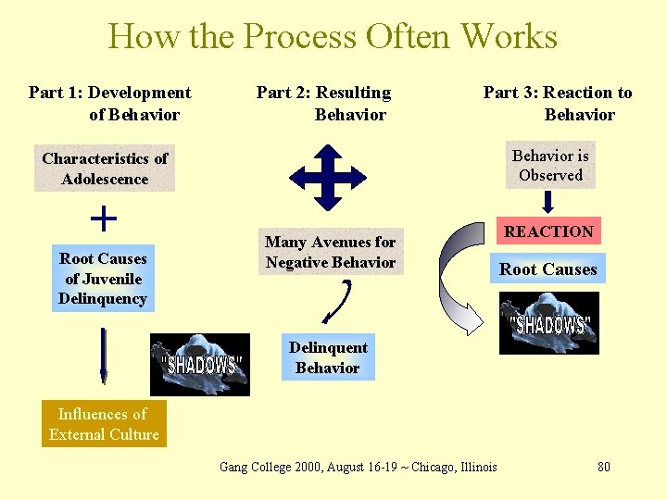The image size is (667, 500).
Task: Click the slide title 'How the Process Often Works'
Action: pyautogui.click(x=333, y=37)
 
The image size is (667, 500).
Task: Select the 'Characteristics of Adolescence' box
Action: pyautogui.click(x=105, y=169)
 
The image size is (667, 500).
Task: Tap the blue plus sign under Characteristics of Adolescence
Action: pyautogui.click(x=104, y=219)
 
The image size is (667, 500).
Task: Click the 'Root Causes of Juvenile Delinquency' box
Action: pyautogui.click(x=102, y=278)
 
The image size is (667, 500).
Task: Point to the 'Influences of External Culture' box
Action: pyautogui.click(x=104, y=424)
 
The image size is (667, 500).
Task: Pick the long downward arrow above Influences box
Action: pyautogui.click(x=103, y=356)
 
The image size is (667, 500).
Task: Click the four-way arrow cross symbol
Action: pyautogui.click(x=328, y=174)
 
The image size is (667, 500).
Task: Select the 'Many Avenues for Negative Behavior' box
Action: pyautogui.click(x=330, y=252)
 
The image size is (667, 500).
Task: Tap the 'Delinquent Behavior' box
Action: pyautogui.click(x=328, y=357)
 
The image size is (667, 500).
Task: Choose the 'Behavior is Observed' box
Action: pyautogui.click(x=550, y=165)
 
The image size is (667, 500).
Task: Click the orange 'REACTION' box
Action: pyautogui.click(x=548, y=231)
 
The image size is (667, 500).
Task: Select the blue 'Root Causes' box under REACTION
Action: pyautogui.click(x=548, y=269)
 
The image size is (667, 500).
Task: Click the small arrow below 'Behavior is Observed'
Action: pyautogui.click(x=550, y=201)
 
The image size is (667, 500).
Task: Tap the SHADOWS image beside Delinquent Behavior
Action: pyautogui.click(x=200, y=364)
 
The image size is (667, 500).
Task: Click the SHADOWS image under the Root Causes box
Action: pyautogui.click(x=549, y=323)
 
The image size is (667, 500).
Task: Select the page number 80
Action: pyautogui.click(x=604, y=467)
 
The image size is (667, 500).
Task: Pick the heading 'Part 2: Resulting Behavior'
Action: pyautogui.click(x=324, y=104)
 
